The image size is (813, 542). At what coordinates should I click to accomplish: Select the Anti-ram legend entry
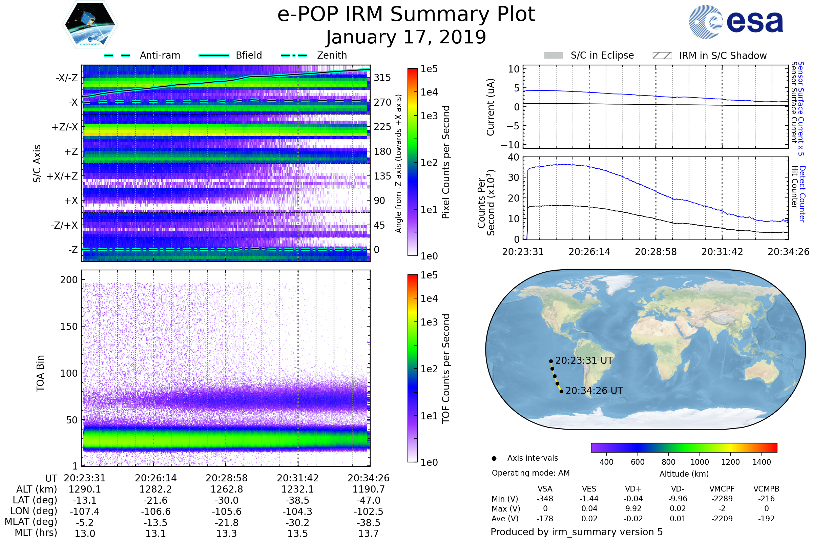click(x=160, y=55)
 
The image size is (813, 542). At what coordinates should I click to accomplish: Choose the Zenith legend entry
click(x=332, y=55)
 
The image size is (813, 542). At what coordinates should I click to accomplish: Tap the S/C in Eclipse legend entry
click(x=602, y=55)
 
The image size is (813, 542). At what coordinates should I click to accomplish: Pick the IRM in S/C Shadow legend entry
click(x=723, y=56)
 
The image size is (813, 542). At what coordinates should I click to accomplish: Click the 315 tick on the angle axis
click(x=382, y=78)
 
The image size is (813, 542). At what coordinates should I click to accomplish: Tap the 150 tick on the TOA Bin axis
click(x=69, y=327)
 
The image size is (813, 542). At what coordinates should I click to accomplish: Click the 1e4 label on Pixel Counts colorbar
click(x=429, y=92)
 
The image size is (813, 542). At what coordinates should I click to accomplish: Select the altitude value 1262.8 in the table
click(x=226, y=489)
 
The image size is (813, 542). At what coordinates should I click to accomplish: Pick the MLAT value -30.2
click(x=298, y=522)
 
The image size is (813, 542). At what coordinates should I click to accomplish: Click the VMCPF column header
click(x=722, y=489)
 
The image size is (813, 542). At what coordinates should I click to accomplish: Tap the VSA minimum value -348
click(x=545, y=499)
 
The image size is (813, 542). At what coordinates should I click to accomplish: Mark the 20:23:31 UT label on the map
click(x=584, y=360)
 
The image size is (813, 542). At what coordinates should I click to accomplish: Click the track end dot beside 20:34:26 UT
click(x=561, y=391)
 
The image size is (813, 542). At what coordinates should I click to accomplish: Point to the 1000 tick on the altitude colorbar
click(x=700, y=462)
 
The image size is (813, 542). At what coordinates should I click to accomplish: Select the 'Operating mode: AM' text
click(x=530, y=473)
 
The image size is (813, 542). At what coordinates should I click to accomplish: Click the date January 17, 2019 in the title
click(x=406, y=37)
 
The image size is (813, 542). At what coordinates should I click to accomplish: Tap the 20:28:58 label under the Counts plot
click(x=656, y=252)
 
